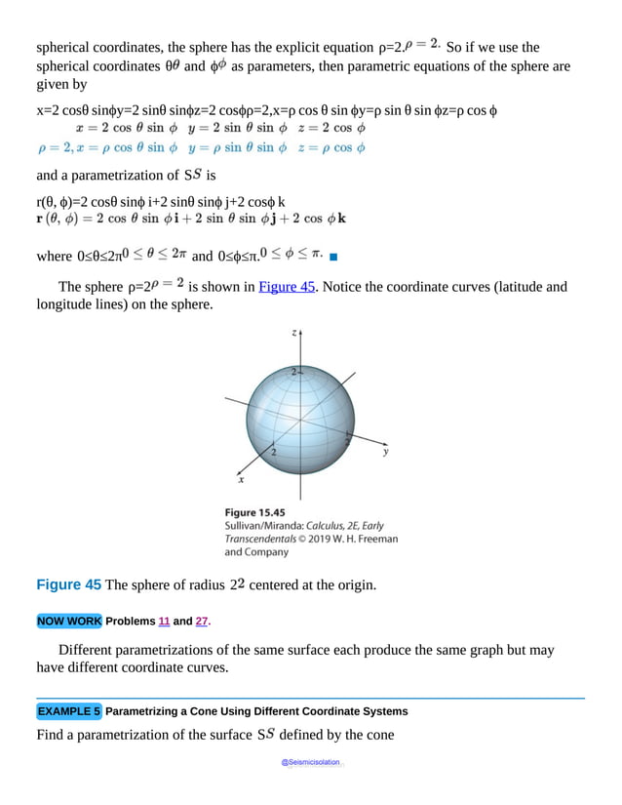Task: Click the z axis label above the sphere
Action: pos(294,333)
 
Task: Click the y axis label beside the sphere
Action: pos(386,452)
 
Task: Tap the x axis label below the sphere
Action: pos(241,480)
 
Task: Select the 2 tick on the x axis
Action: pos(273,454)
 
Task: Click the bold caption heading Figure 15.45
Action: pos(254,511)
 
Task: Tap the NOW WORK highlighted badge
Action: pos(68,622)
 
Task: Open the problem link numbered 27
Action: pos(202,622)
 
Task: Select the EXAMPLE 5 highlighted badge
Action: pos(68,710)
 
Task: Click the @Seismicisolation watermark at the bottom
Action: pos(311,762)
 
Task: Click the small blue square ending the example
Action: pos(333,258)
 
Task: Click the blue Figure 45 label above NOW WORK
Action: pos(68,584)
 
